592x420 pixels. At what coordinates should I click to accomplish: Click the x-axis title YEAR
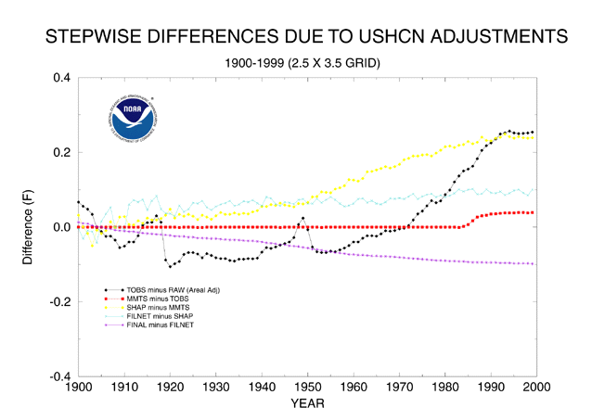[x=306, y=402]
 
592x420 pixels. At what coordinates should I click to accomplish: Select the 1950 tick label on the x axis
[x=306, y=386]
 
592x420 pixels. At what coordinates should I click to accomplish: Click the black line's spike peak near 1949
[x=302, y=218]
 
